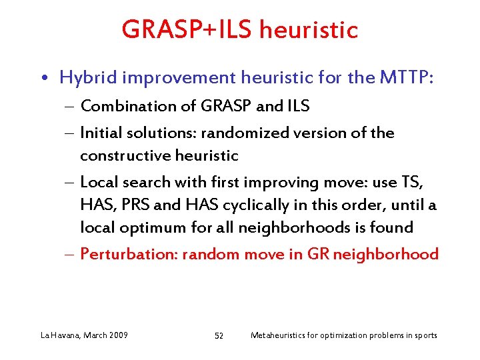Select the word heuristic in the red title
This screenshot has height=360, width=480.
coord(309,30)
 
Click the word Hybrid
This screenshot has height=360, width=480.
coord(85,78)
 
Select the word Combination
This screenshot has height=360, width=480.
coord(124,105)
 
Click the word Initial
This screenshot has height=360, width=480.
coord(101,133)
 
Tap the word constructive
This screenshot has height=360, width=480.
coord(121,155)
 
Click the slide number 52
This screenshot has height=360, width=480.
coord(219,335)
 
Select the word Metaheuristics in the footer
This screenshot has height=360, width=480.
coord(280,335)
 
